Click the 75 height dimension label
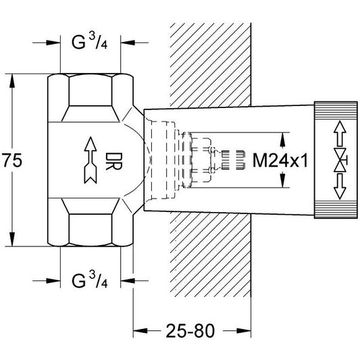pyautogui.click(x=12, y=160)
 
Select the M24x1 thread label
pyautogui.click(x=280, y=160)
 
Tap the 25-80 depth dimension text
pyautogui.click(x=190, y=331)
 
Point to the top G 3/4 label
pyautogui.click(x=90, y=42)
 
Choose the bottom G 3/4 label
pyautogui.click(x=90, y=280)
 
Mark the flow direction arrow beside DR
pyautogui.click(x=91, y=160)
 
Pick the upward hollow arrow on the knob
pyautogui.click(x=340, y=133)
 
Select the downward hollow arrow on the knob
pyautogui.click(x=340, y=186)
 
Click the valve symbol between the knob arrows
pyautogui.click(x=340, y=160)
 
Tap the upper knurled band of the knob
pyautogui.click(x=336, y=110)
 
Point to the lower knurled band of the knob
pyautogui.click(x=336, y=209)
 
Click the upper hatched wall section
pyautogui.click(x=211, y=65)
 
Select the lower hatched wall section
pyautogui.click(x=211, y=254)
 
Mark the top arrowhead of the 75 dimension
pyautogui.click(x=12, y=81)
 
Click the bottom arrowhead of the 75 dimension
pyautogui.click(x=12, y=239)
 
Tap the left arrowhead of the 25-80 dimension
pyautogui.click(x=140, y=331)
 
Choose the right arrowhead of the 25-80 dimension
pyautogui.click(x=244, y=331)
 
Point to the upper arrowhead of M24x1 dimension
pyautogui.click(x=282, y=140)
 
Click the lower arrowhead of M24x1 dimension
pyautogui.click(x=282, y=180)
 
